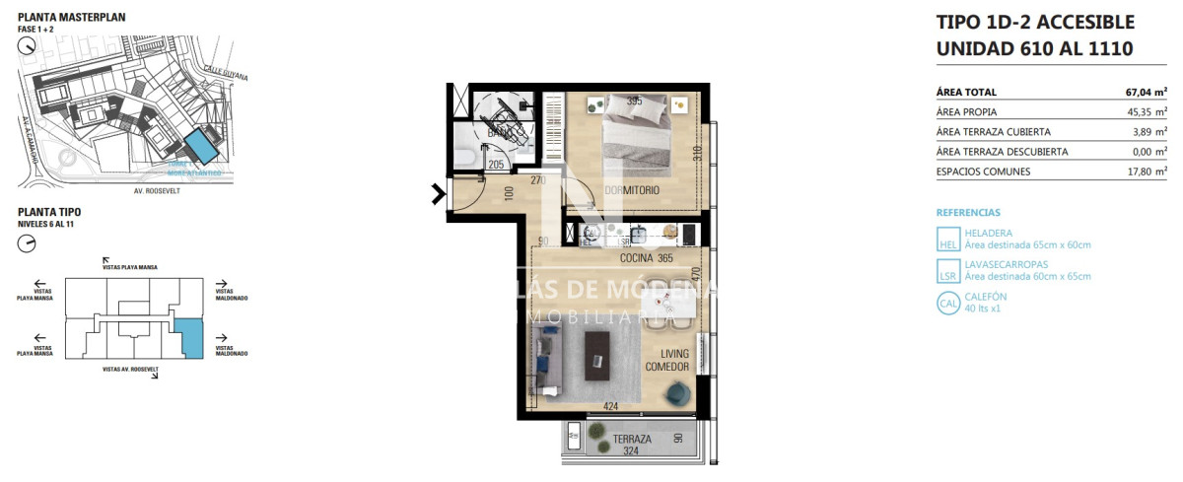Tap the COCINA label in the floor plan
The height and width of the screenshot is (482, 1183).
click(x=639, y=258)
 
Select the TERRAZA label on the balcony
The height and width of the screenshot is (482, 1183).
click(x=632, y=440)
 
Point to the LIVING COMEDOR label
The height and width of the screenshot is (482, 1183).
click(x=667, y=361)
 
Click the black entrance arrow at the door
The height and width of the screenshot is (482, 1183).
click(x=436, y=195)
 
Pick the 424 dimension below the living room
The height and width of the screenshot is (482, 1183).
click(x=612, y=406)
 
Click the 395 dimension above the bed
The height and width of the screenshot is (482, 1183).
click(x=635, y=102)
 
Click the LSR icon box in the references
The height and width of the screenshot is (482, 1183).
click(x=947, y=271)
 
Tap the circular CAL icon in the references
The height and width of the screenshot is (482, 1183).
click(x=947, y=304)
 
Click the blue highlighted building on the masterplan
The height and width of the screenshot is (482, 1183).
click(x=201, y=146)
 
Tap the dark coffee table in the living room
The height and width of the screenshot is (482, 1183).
click(x=597, y=355)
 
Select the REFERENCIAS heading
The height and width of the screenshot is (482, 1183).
click(x=967, y=212)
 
